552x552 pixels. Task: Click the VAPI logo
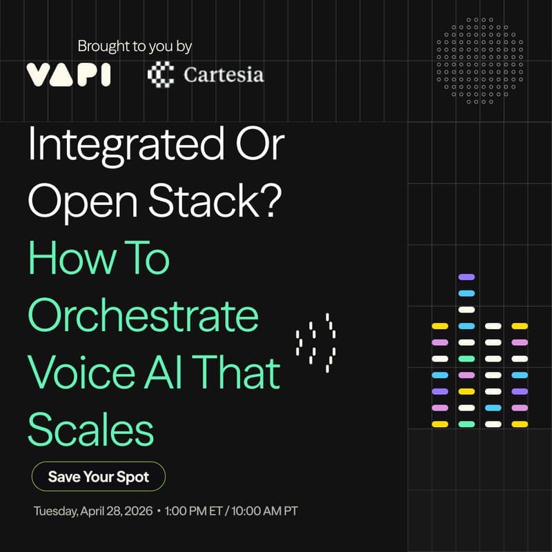click(68, 74)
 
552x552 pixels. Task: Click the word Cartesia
click(223, 75)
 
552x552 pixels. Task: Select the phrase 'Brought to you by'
click(135, 47)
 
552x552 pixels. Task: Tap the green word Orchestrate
click(143, 315)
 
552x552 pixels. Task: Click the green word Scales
click(90, 429)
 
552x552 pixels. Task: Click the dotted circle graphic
click(475, 61)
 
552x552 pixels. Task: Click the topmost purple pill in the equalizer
click(466, 277)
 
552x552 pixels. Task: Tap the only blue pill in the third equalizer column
click(493, 408)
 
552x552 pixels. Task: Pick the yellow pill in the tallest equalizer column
click(466, 391)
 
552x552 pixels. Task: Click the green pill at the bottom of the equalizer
click(466, 424)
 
